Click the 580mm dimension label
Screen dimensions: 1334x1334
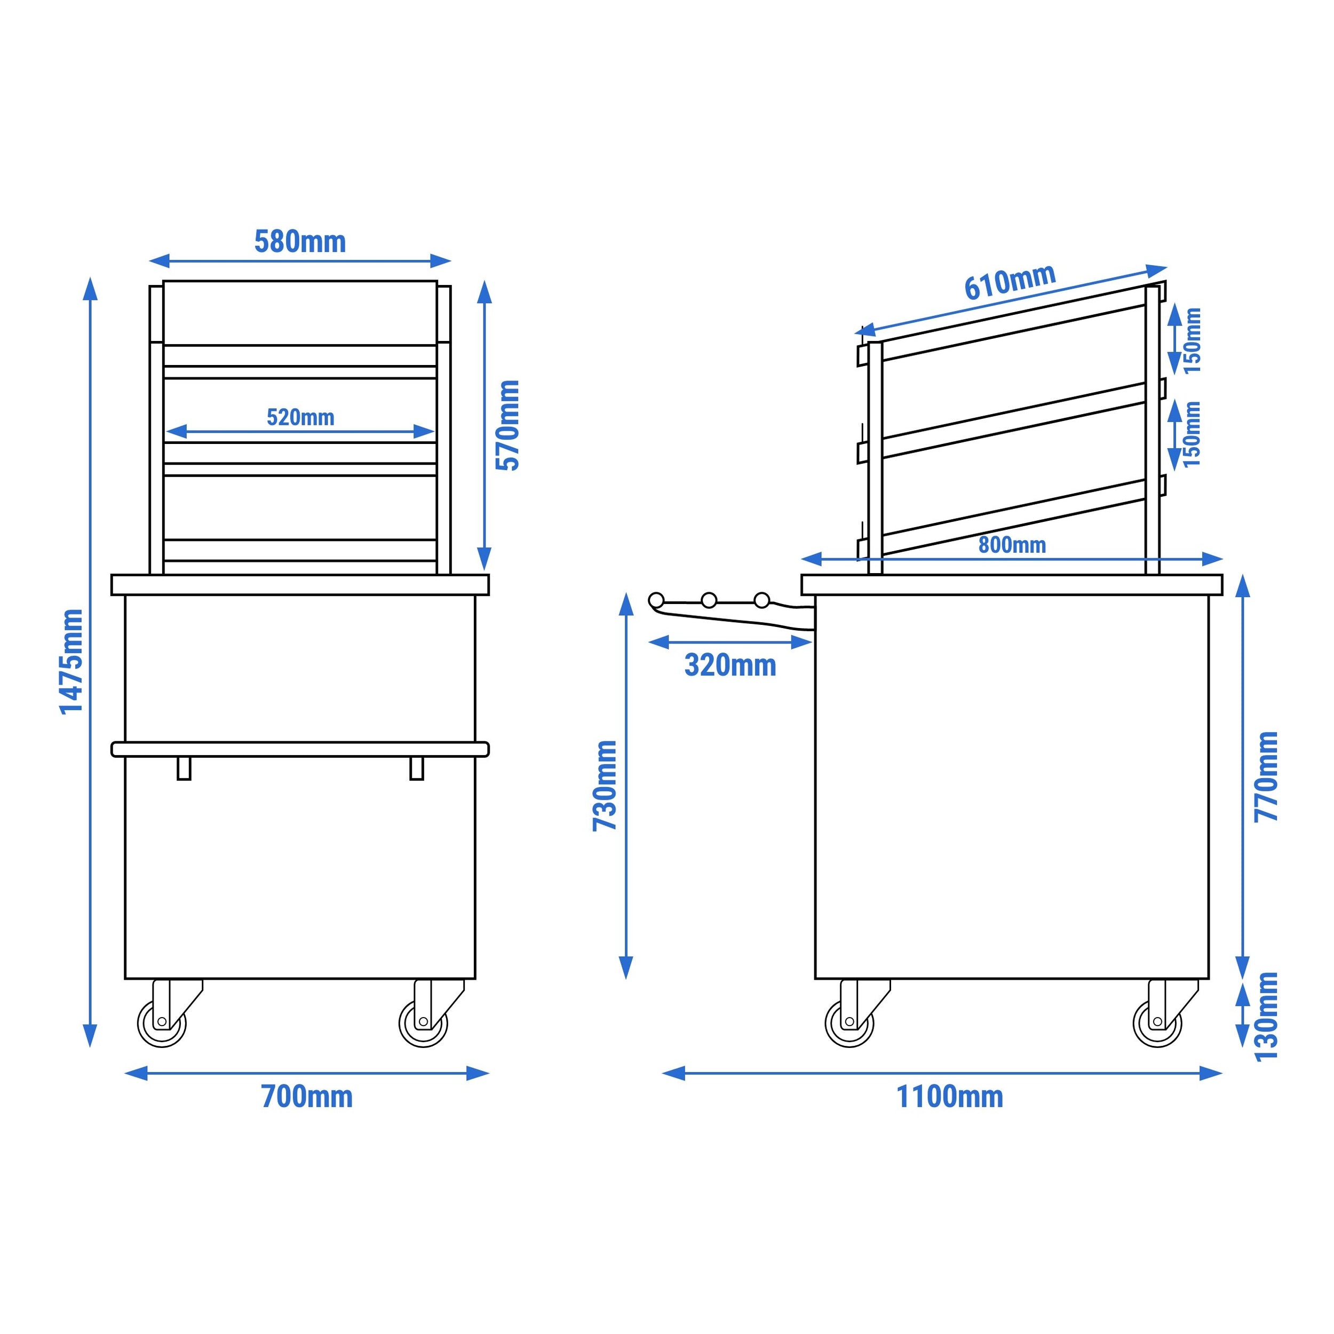click(x=300, y=242)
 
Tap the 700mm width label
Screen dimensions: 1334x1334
click(x=307, y=1097)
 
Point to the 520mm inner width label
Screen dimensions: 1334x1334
click(x=300, y=417)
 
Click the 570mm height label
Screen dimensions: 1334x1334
click(x=508, y=425)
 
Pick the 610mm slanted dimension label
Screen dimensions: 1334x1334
click(x=1010, y=282)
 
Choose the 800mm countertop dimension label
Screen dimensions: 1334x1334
click(x=1012, y=545)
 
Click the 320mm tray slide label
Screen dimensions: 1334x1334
click(x=730, y=665)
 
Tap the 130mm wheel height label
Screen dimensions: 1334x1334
click(x=1266, y=1017)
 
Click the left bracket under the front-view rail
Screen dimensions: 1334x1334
click(x=184, y=768)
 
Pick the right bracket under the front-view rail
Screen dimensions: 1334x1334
click(x=416, y=768)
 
